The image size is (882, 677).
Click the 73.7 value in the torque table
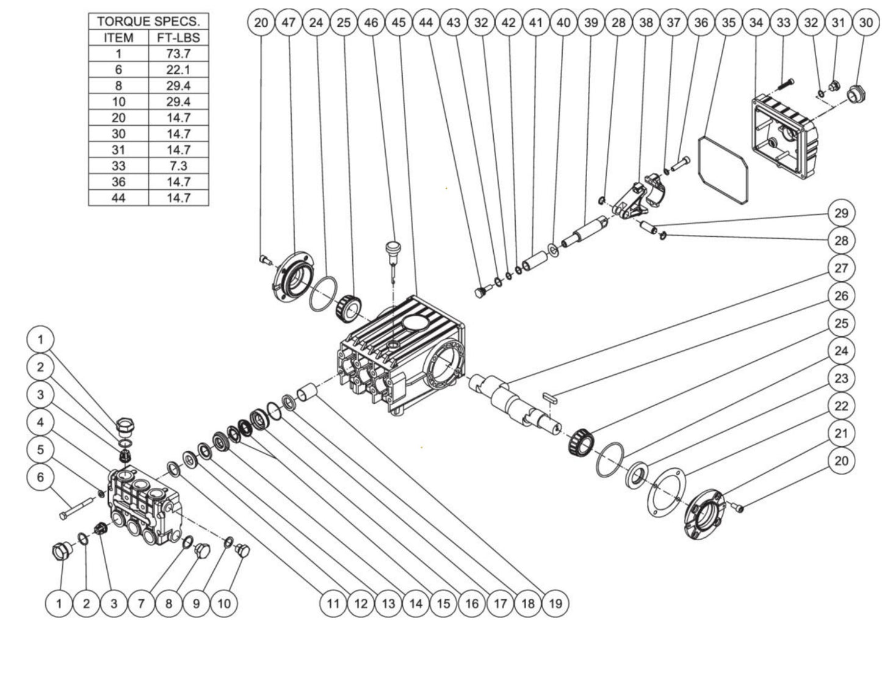pyautogui.click(x=178, y=54)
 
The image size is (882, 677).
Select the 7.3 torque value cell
pyautogui.click(x=178, y=166)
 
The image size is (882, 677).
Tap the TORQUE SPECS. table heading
pyautogui.click(x=148, y=21)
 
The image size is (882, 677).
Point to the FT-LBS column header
pyautogui.click(x=178, y=38)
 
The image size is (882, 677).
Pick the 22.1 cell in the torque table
pyautogui.click(x=178, y=70)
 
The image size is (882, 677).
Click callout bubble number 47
pyautogui.click(x=289, y=23)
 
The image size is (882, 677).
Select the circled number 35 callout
pyautogui.click(x=729, y=23)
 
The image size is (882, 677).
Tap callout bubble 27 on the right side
pyautogui.click(x=841, y=268)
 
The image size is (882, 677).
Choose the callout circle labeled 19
pyautogui.click(x=555, y=603)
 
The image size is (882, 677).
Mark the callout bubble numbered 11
pyautogui.click(x=333, y=603)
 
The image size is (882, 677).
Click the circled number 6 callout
pyautogui.click(x=40, y=477)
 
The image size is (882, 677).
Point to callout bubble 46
pyautogui.click(x=371, y=23)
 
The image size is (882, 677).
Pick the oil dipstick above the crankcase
pyautogui.click(x=391, y=256)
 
